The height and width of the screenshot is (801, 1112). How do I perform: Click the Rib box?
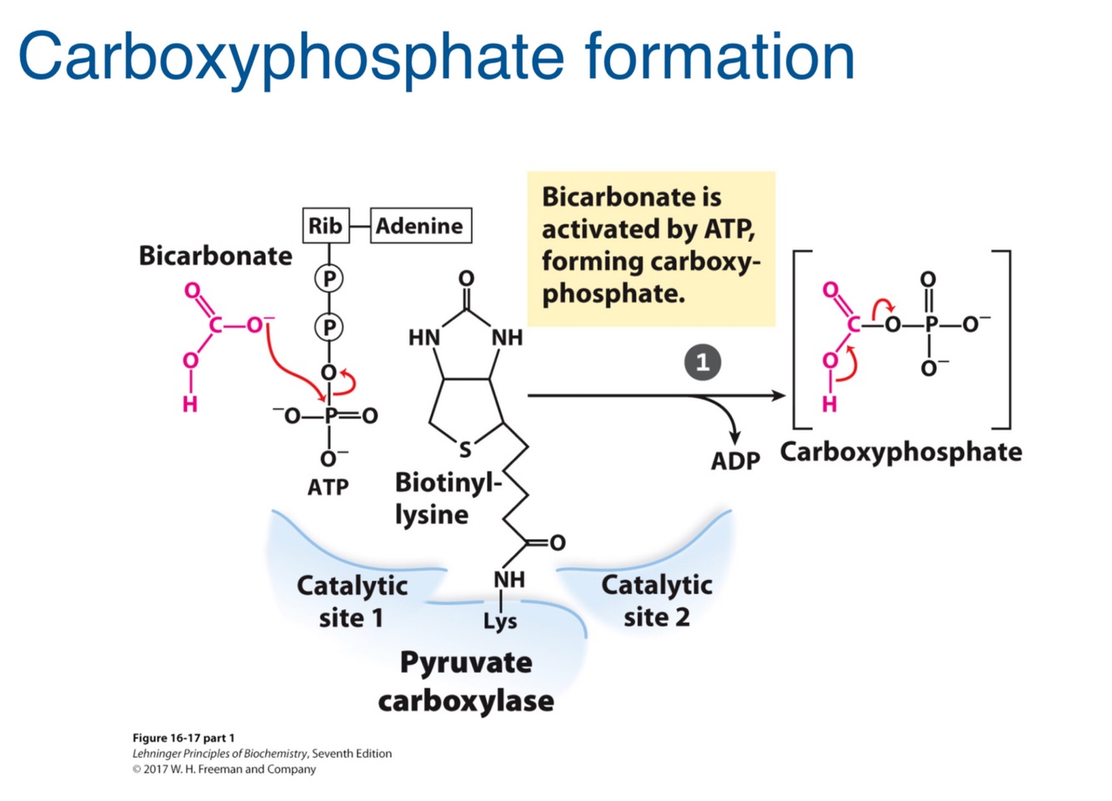point(325,225)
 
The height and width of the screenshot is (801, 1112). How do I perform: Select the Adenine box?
point(420,225)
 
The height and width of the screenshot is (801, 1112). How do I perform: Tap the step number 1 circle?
point(702,363)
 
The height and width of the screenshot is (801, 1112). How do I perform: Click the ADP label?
point(735,461)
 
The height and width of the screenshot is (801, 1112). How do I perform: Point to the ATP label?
point(328,486)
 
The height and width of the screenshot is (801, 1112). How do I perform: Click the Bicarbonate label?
point(215,255)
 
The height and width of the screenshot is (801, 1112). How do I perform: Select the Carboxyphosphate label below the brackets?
point(900,451)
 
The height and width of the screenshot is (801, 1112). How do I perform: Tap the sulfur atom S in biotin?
point(465,451)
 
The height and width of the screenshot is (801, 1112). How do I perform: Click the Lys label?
point(500,621)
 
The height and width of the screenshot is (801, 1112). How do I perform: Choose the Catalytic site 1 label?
point(352,601)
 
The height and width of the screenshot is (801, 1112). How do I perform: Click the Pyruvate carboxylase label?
point(466,681)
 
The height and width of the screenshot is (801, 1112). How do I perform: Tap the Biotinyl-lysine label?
point(448,498)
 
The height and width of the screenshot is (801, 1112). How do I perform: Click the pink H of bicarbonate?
point(190,405)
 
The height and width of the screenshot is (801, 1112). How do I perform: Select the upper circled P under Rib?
point(328,278)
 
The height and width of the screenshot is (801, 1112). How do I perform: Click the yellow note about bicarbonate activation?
point(651,247)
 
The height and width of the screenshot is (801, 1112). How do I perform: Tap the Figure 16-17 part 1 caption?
point(183,738)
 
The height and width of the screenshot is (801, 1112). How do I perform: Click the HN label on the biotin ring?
point(423,338)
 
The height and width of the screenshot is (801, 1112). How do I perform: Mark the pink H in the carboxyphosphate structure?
point(829,405)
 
